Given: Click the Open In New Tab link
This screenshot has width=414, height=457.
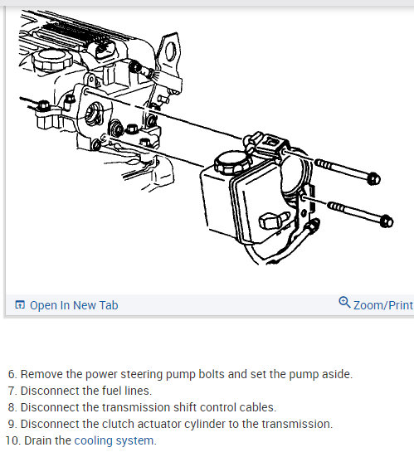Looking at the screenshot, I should (x=74, y=305).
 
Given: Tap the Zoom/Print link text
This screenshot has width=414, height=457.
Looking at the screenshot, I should (x=382, y=305).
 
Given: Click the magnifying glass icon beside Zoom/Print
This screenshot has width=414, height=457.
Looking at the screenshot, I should (x=344, y=304).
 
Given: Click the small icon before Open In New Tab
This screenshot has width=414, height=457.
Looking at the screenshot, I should (x=20, y=305).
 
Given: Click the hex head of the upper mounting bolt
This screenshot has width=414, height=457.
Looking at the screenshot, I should (x=373, y=178).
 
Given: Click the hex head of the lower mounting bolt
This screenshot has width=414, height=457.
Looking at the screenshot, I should (x=385, y=221).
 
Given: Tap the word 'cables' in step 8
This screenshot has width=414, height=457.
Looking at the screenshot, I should (x=257, y=407).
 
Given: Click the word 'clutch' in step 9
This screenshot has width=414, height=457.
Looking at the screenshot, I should (x=115, y=424).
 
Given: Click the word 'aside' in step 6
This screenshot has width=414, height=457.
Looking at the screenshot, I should (x=335, y=374).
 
